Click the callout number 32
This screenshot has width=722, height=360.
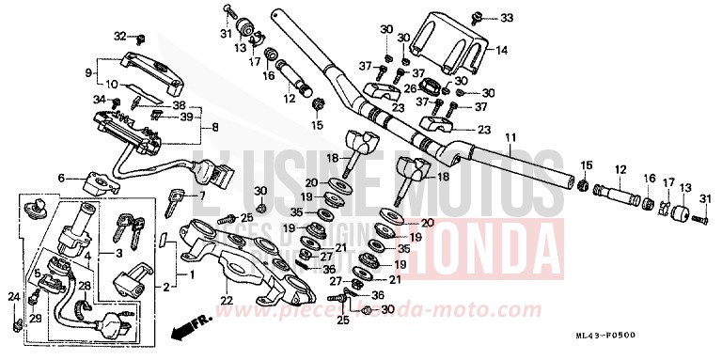tap(119, 37)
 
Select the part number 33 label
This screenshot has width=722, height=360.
tap(507, 19)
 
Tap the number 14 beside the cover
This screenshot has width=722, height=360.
tap(501, 50)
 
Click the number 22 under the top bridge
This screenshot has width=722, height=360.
tap(226, 300)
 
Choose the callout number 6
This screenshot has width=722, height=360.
tap(61, 178)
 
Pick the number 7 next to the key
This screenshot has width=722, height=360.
tap(201, 196)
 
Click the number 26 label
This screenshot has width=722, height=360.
tap(409, 88)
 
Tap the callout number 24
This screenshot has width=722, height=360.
tap(13, 298)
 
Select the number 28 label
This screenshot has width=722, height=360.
tap(84, 286)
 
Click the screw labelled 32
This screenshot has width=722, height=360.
tap(140, 39)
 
